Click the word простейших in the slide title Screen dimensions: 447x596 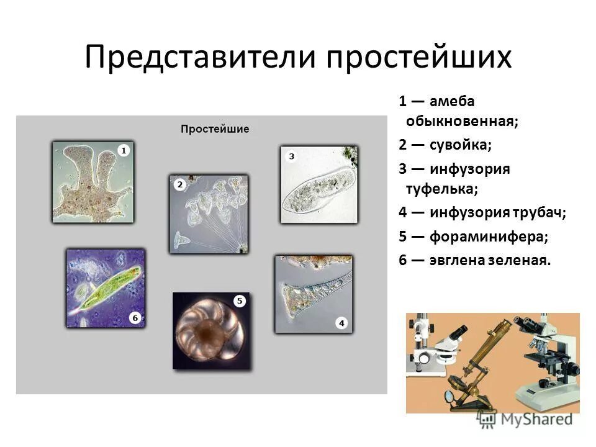[x=420, y=57]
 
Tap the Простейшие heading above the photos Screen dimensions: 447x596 [x=215, y=129]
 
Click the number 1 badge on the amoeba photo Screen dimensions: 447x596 [x=124, y=150]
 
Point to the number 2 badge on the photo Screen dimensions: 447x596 [x=179, y=184]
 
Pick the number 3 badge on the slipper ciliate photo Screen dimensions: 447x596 [x=291, y=156]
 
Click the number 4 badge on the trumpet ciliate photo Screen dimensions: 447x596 [x=341, y=323]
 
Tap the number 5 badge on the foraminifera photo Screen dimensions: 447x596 [x=240, y=301]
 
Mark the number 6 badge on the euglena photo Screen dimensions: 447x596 [x=135, y=318]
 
